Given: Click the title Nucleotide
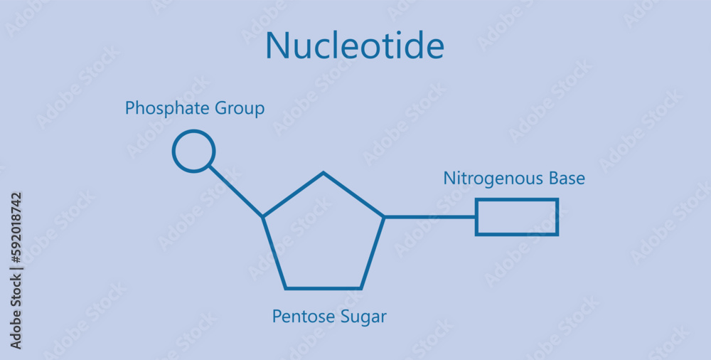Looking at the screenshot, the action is pos(354,46).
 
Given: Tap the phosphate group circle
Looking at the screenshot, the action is pos(193,152).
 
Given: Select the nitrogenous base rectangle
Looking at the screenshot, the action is pos(517,217).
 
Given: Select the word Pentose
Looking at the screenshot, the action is pos(298,317).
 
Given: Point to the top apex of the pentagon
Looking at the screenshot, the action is pos(324,173).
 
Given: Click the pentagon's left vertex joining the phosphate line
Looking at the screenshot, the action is pos(263,216).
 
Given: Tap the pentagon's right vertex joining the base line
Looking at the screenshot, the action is pos(384,216).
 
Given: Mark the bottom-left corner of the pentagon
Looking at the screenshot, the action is pos(286,288).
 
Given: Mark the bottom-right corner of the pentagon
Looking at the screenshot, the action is pos(360,288).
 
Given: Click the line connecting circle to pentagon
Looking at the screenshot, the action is pos(236,191).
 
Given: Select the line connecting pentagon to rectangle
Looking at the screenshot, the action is pos(429,216).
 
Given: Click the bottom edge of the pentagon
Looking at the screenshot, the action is pos(324,288).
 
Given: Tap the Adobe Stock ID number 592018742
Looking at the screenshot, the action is pos(16,228).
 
